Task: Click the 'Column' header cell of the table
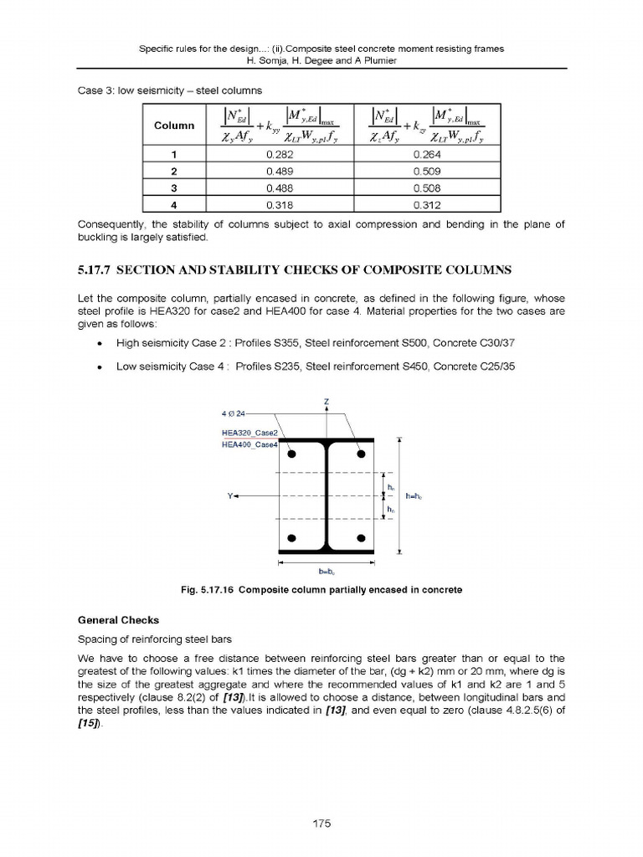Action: coord(174,126)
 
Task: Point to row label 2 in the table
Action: coord(174,172)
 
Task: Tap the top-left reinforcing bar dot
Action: coord(292,454)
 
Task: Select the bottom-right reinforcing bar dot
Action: coord(361,537)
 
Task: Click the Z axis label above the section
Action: coord(326,403)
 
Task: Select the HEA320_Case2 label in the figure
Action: coord(249,433)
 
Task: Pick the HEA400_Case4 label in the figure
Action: coord(249,444)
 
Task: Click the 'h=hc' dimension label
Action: coord(414,496)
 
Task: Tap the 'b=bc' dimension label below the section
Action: coord(326,572)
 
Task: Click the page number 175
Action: coord(321,824)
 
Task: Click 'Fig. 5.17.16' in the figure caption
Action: coord(208,590)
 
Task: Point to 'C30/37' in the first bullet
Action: coord(481,343)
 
